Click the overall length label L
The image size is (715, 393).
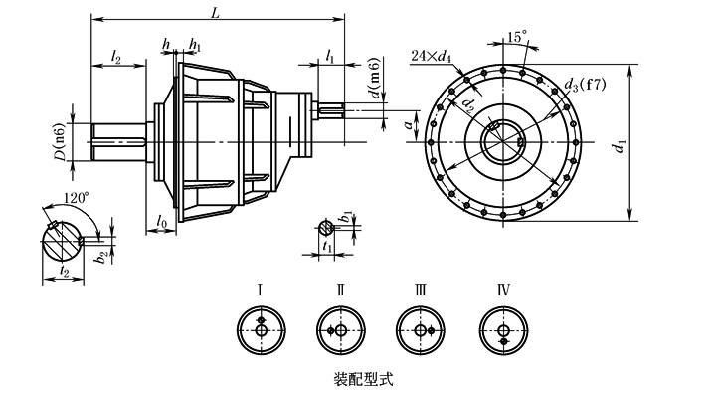pos(215,13)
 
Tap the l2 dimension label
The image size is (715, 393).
pos(116,57)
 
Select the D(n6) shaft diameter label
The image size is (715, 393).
pos(60,142)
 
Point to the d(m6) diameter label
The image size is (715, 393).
pos(374,78)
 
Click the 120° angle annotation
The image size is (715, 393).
pos(77,198)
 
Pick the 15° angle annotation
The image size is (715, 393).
pos(517,37)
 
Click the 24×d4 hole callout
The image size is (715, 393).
pos(432,56)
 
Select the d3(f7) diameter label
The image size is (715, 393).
pos(585,85)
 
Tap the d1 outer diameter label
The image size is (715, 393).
pos(620,146)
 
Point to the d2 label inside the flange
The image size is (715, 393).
pos(468,105)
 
